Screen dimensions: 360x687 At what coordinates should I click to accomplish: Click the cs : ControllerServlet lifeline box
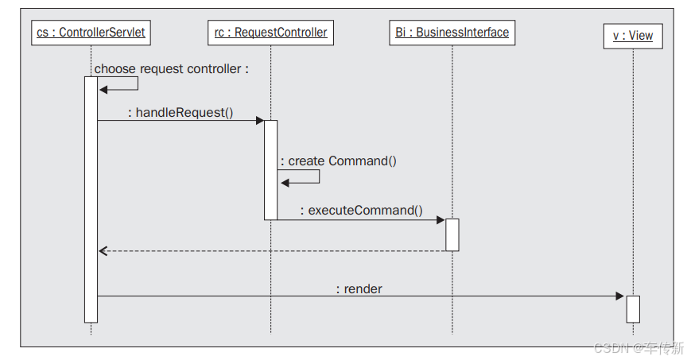pyautogui.click(x=91, y=33)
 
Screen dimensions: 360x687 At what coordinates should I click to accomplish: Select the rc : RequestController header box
pyautogui.click(x=270, y=33)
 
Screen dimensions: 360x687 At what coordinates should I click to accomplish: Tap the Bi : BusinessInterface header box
pyautogui.click(x=452, y=33)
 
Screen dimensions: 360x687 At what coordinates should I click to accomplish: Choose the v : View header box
pyautogui.click(x=632, y=36)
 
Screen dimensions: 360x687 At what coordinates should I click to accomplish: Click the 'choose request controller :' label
pyautogui.click(x=172, y=69)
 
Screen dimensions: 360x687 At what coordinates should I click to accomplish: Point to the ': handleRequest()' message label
pyautogui.click(x=180, y=112)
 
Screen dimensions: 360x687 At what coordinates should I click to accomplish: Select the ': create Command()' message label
pyautogui.click(x=338, y=161)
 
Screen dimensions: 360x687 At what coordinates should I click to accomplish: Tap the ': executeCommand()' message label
pyautogui.click(x=361, y=210)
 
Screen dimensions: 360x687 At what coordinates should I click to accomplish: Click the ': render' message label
pyautogui.click(x=359, y=288)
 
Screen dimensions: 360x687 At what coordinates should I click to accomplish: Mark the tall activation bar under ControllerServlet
pyautogui.click(x=91, y=199)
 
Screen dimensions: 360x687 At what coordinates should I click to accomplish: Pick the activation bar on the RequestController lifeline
pyautogui.click(x=270, y=169)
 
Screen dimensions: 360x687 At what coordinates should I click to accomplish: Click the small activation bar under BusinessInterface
pyautogui.click(x=452, y=234)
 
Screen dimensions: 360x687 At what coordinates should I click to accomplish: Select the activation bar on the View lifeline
pyautogui.click(x=632, y=308)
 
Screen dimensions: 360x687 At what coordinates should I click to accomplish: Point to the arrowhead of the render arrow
pyautogui.click(x=620, y=296)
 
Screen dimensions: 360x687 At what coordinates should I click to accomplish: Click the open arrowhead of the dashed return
pyautogui.click(x=103, y=251)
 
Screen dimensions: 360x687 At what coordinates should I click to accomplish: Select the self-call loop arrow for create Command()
pyautogui.click(x=302, y=176)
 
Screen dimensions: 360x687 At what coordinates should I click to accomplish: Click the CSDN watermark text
pyautogui.click(x=638, y=348)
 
